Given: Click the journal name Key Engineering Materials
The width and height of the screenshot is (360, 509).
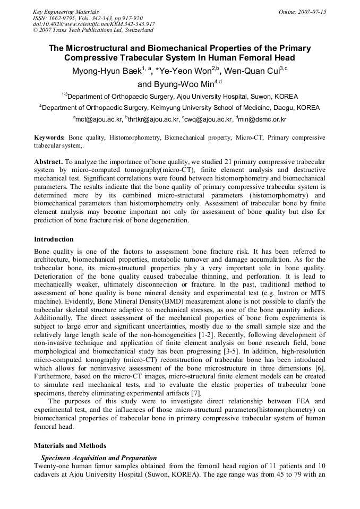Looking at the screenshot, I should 65,12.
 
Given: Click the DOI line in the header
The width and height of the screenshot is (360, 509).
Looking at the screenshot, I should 93,24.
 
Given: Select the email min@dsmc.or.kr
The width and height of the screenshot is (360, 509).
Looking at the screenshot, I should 262,120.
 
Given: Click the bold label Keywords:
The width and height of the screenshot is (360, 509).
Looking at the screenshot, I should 49,137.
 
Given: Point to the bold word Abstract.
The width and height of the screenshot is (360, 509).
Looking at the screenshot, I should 48,160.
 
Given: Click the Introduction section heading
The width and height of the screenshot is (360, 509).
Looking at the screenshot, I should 54,239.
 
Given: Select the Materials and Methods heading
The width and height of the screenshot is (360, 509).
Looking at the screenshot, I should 70,446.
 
